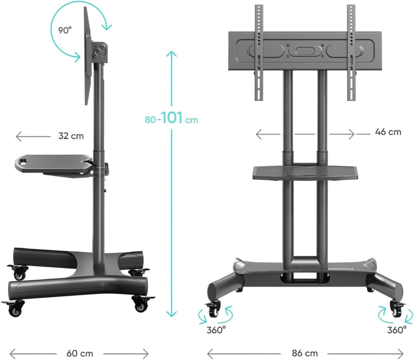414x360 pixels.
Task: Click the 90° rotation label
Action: click(65, 30)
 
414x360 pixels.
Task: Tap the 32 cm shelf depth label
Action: click(71, 136)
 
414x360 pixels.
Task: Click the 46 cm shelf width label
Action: click(388, 132)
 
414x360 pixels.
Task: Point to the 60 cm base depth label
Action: click(80, 354)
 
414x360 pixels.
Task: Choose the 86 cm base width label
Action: click(305, 353)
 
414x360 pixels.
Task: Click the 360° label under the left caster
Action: click(216, 330)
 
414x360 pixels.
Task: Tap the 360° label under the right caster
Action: click(397, 330)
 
